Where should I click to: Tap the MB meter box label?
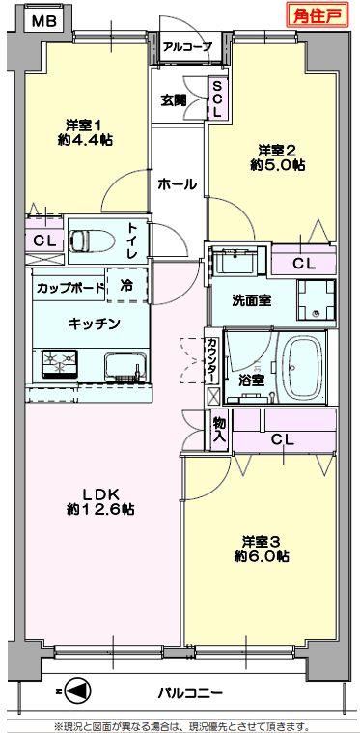coord(44,21)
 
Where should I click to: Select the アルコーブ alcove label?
coord(187,46)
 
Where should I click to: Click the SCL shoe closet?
coord(217,99)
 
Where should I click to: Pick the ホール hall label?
coord(177,184)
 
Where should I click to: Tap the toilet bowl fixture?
coord(92,240)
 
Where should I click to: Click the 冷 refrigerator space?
coord(127,285)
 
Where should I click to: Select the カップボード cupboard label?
coord(69,287)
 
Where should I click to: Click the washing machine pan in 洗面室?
coord(317,299)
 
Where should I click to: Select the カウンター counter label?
coord(211,360)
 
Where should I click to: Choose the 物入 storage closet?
coord(219,430)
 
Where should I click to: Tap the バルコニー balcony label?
coord(189,691)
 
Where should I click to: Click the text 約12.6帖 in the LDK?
coord(100,510)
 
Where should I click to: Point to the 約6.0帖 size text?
coord(261,556)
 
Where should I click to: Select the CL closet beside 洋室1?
coord(43,241)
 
